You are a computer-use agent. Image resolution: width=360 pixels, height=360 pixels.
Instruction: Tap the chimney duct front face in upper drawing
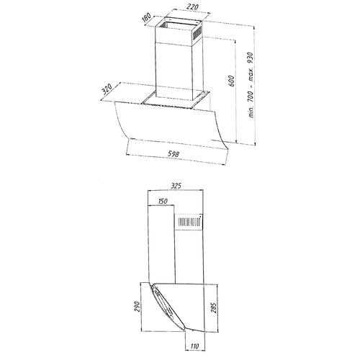[x=176, y=68]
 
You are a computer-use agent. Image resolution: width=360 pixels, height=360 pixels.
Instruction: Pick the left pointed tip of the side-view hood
[x=149, y=285]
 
